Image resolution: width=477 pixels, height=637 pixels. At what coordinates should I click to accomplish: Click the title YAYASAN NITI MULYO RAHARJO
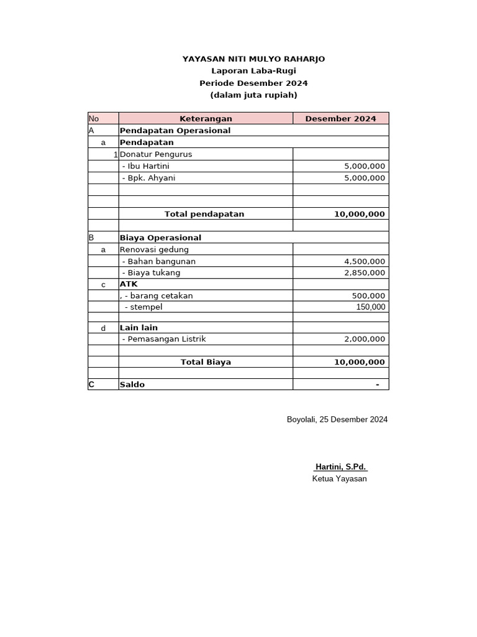tap(253, 59)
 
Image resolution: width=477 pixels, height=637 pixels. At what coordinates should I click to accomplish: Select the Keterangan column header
tap(206, 119)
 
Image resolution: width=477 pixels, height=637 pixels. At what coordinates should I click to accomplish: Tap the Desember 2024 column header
tap(340, 119)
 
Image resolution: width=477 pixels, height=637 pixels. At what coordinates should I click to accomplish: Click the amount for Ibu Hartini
tap(365, 166)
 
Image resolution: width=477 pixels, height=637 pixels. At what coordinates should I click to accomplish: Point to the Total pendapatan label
tap(204, 214)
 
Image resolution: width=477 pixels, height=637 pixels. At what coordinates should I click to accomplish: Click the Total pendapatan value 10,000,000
tap(360, 214)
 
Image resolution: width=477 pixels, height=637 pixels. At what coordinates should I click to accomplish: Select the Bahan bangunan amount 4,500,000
tap(365, 261)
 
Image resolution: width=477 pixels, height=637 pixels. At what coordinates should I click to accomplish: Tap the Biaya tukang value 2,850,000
tap(365, 272)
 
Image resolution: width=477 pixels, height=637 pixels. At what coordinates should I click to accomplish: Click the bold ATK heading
tap(129, 284)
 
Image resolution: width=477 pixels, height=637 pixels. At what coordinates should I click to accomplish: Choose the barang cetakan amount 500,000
tap(368, 296)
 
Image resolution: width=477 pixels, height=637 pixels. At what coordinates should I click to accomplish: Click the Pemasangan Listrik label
tap(164, 339)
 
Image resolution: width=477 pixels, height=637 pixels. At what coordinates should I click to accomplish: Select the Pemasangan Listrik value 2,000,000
tap(365, 339)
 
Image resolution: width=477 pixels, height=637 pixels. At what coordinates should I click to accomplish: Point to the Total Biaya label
tap(206, 362)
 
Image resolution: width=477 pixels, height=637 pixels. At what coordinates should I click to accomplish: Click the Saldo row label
tap(132, 384)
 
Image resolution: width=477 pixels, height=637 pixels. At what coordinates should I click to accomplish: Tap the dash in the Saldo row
tap(377, 384)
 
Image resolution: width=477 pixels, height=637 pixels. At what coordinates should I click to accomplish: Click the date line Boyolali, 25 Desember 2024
tap(337, 419)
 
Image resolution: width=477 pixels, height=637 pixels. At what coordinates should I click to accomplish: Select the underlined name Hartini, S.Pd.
tap(340, 467)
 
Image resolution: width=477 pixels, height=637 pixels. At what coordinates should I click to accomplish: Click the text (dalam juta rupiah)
tap(253, 95)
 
